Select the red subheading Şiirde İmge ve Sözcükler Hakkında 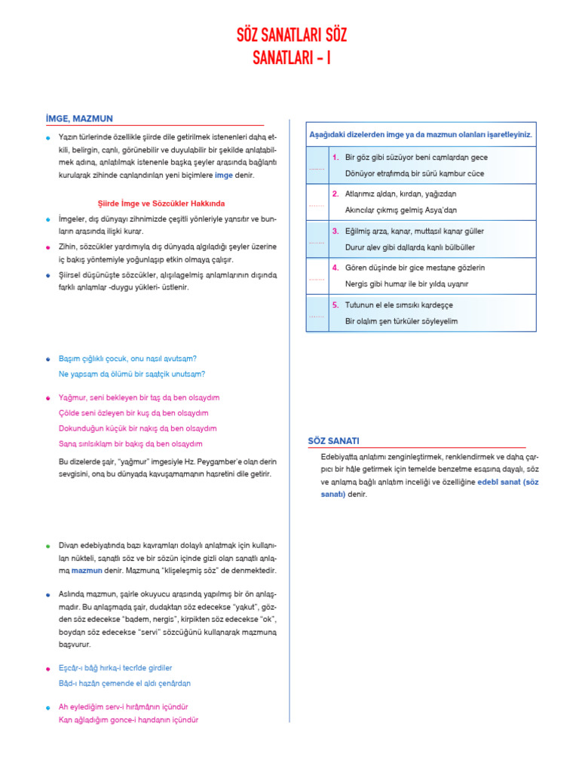pyautogui.click(x=162, y=204)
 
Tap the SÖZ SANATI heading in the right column pyautogui.click(x=333, y=440)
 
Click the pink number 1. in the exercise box pyautogui.click(x=335, y=158)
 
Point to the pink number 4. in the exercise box pyautogui.click(x=335, y=268)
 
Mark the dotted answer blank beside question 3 pyautogui.click(x=316, y=242)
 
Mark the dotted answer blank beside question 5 pyautogui.click(x=316, y=316)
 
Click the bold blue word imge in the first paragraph pyautogui.click(x=224, y=175)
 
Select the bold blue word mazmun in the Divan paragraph pyautogui.click(x=87, y=571)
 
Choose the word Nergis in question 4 pyautogui.click(x=357, y=283)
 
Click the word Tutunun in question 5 pyautogui.click(x=360, y=305)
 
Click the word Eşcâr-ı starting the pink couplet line pyautogui.click(x=72, y=668)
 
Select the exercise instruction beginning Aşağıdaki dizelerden pyautogui.click(x=421, y=134)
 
